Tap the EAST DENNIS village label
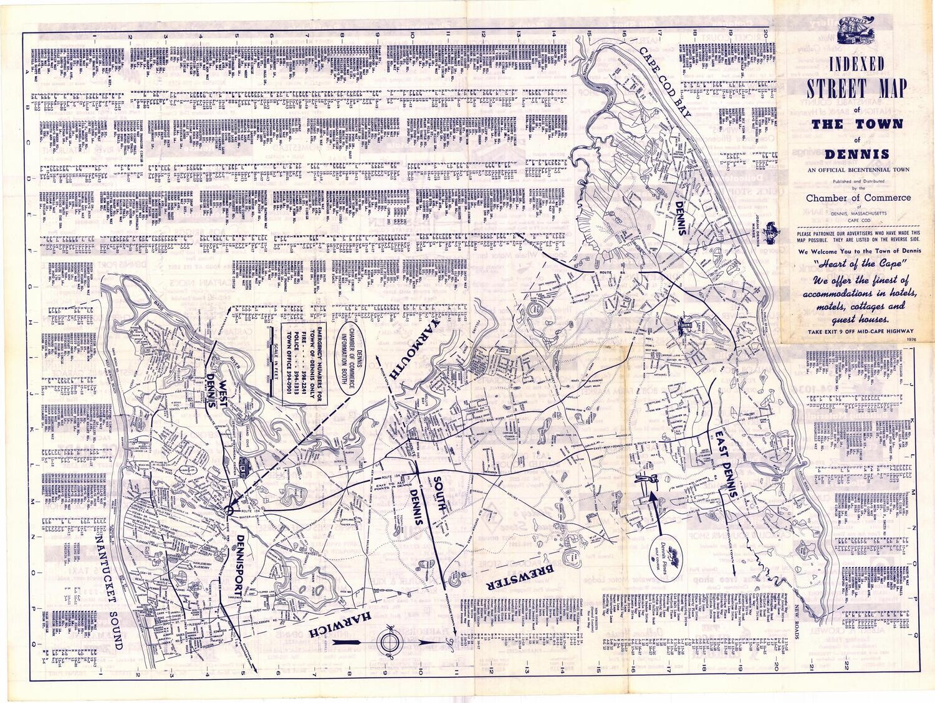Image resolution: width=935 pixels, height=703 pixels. coord(727,461)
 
